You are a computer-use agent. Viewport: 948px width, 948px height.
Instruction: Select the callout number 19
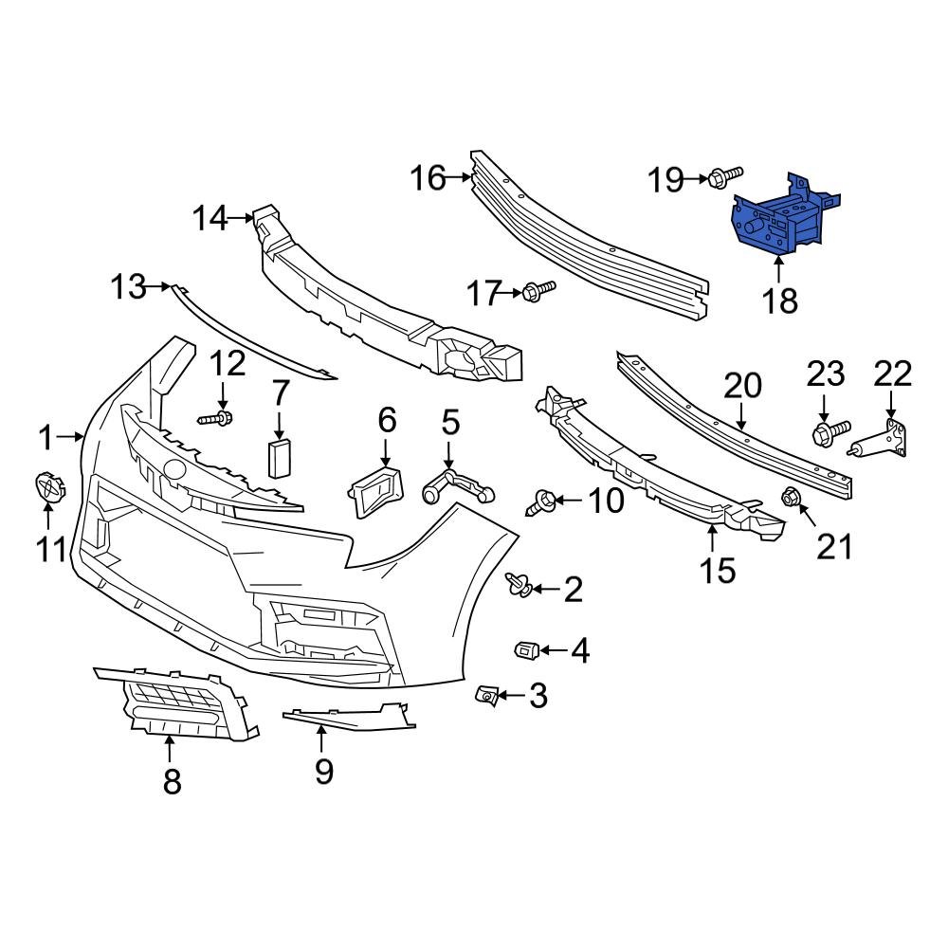(665, 178)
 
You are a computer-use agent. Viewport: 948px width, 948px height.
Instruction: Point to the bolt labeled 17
(538, 290)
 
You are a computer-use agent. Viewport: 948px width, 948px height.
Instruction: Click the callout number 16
(428, 177)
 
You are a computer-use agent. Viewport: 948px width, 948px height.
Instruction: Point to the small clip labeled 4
(526, 649)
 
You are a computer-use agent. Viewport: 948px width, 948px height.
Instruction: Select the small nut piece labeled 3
(486, 697)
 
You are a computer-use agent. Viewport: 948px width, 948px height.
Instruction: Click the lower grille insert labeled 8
(180, 706)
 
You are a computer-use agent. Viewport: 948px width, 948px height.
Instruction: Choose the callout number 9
(324, 770)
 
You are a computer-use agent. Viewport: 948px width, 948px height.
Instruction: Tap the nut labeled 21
(789, 497)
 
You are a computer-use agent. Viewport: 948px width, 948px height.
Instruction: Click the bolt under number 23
(829, 433)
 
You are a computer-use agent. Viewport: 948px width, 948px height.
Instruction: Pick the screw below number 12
(217, 417)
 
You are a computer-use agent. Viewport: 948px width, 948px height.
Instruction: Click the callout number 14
(210, 220)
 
